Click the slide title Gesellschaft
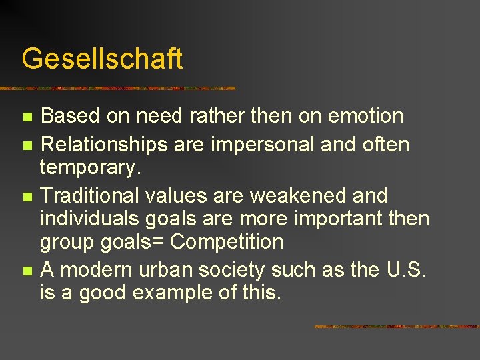point(102,59)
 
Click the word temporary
point(91,167)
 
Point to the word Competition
point(227,241)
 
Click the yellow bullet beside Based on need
point(27,117)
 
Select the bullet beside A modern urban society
point(27,271)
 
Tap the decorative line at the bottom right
point(397,327)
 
